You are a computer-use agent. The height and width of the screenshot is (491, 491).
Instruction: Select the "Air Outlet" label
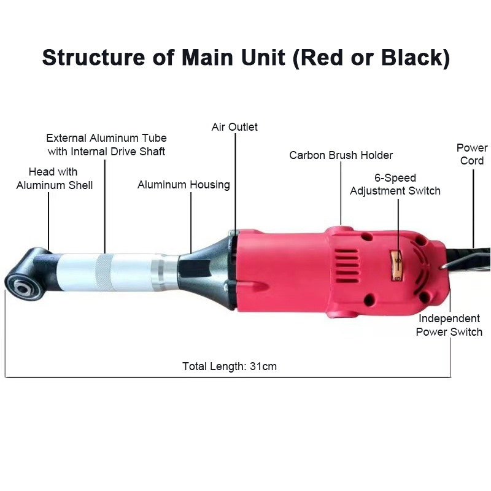click(234, 127)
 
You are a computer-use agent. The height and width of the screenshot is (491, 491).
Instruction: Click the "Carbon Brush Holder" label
click(341, 155)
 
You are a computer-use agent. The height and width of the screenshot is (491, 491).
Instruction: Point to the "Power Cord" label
click(472, 154)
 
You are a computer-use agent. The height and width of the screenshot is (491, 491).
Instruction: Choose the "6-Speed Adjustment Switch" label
click(395, 184)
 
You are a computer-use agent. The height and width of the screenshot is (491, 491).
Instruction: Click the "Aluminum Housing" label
click(184, 185)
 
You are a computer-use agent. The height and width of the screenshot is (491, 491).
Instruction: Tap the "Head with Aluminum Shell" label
click(54, 178)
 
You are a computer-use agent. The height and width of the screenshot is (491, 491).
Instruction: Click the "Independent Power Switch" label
click(449, 325)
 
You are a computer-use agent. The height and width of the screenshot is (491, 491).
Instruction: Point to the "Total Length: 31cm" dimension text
click(230, 366)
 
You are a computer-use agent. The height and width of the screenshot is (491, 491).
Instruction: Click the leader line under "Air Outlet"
click(235, 178)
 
